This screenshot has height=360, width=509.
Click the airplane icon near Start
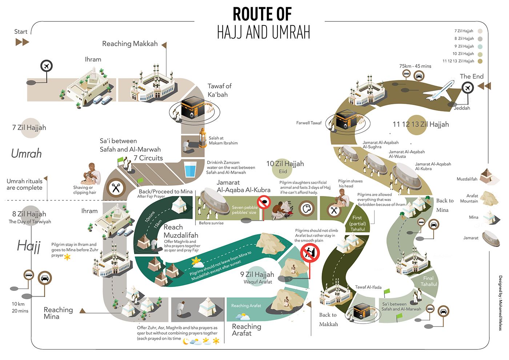(47, 66)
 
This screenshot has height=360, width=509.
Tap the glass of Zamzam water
(191, 169)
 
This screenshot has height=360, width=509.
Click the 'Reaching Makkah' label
(130, 44)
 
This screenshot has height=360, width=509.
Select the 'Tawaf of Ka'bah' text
(219, 90)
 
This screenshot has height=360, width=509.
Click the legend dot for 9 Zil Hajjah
(480, 47)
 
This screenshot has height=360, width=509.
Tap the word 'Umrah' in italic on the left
(26, 153)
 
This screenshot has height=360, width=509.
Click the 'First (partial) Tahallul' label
(358, 223)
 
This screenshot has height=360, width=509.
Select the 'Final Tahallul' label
(429, 281)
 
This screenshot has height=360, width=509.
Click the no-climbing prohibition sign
(310, 253)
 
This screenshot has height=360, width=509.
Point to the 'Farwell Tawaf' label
(309, 123)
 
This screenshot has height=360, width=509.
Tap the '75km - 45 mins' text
(415, 66)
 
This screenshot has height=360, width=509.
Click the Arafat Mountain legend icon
(490, 198)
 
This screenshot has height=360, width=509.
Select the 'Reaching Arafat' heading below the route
(247, 330)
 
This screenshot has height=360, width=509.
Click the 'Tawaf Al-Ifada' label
(368, 287)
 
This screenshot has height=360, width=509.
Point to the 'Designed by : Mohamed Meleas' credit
(500, 303)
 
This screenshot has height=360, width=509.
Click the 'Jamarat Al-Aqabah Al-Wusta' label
(406, 154)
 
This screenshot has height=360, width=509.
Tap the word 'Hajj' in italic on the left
(29, 246)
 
